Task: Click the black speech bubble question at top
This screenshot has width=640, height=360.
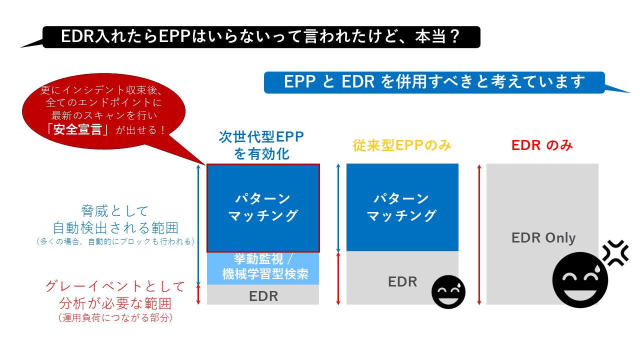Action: click(x=260, y=37)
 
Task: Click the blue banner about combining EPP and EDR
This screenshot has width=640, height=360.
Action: click(x=434, y=82)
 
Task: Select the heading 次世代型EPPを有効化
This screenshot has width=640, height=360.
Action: click(x=261, y=145)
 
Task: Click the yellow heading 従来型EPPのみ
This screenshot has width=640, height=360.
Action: click(x=402, y=145)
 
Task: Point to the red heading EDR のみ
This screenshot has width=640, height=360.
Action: click(x=542, y=145)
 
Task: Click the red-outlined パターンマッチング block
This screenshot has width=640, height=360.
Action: click(x=263, y=207)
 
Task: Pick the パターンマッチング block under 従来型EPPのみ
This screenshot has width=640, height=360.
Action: click(x=402, y=207)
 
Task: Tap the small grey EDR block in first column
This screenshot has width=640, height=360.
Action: click(x=263, y=295)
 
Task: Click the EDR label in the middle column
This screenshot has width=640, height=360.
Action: click(x=402, y=281)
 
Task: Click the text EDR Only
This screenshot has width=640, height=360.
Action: click(x=543, y=237)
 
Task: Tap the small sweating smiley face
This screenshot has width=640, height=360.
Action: click(x=448, y=291)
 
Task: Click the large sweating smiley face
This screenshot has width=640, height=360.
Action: click(x=580, y=279)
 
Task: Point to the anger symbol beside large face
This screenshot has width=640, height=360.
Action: click(x=615, y=253)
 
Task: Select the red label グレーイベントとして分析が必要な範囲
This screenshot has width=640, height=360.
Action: click(x=115, y=295)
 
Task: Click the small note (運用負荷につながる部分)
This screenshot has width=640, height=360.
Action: click(x=115, y=318)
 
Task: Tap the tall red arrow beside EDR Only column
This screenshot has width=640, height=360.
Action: click(x=479, y=234)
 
